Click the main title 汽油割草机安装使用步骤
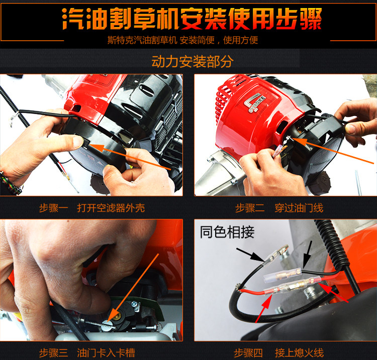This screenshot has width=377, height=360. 192,19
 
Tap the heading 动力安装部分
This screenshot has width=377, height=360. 193,61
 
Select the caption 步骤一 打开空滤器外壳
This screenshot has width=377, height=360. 92,208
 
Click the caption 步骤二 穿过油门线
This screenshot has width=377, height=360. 279,208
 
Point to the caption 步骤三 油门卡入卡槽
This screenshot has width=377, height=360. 87,353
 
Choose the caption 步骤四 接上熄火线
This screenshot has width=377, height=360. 278,353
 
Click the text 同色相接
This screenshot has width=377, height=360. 227,232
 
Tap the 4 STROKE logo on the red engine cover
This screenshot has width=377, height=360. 255,102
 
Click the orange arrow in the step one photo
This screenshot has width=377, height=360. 130,157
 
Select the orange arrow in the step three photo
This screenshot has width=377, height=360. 133,288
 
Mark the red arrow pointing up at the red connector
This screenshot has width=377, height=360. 264,309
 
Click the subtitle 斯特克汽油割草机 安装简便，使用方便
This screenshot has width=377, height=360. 183,40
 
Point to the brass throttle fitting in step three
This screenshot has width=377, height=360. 117,315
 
